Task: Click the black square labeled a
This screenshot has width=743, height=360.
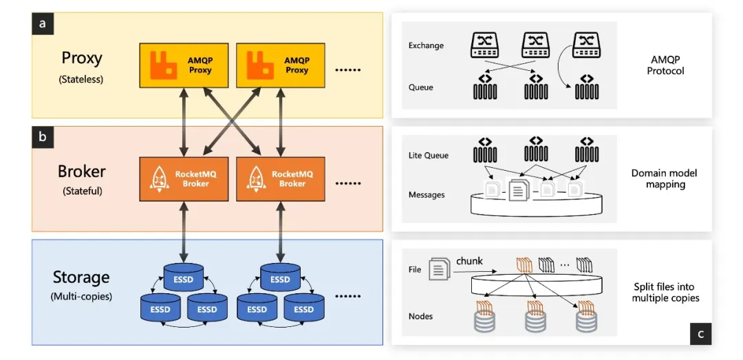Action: [x=43, y=23]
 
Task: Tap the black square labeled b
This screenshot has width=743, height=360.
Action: [x=43, y=137]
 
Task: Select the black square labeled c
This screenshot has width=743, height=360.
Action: [x=700, y=335]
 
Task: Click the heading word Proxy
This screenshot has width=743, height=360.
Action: [x=81, y=57]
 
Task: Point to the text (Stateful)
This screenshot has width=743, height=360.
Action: [x=81, y=191]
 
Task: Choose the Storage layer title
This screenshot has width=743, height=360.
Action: [x=81, y=277]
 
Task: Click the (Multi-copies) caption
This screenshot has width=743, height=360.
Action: [x=81, y=297]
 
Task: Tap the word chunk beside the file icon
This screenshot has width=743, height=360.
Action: [x=469, y=262]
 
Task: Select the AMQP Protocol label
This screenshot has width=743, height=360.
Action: [x=665, y=65]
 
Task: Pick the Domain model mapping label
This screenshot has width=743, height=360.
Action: [x=665, y=179]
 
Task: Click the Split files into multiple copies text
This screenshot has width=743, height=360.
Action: [x=666, y=293]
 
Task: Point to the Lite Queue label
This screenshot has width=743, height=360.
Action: [x=428, y=156]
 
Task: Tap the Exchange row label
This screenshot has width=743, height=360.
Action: [x=426, y=45]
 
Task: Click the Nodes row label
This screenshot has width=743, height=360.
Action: [x=420, y=317]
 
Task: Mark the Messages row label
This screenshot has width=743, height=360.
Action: [x=427, y=195]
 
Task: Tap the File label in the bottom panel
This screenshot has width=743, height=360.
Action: [x=415, y=270]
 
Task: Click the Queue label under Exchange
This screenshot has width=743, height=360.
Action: [x=421, y=87]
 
